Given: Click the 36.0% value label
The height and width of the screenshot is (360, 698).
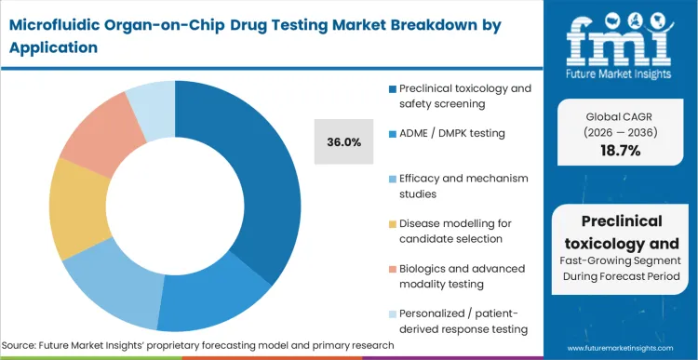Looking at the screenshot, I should (x=343, y=142).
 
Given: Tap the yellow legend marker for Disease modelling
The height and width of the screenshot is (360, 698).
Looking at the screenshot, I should (x=393, y=224).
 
